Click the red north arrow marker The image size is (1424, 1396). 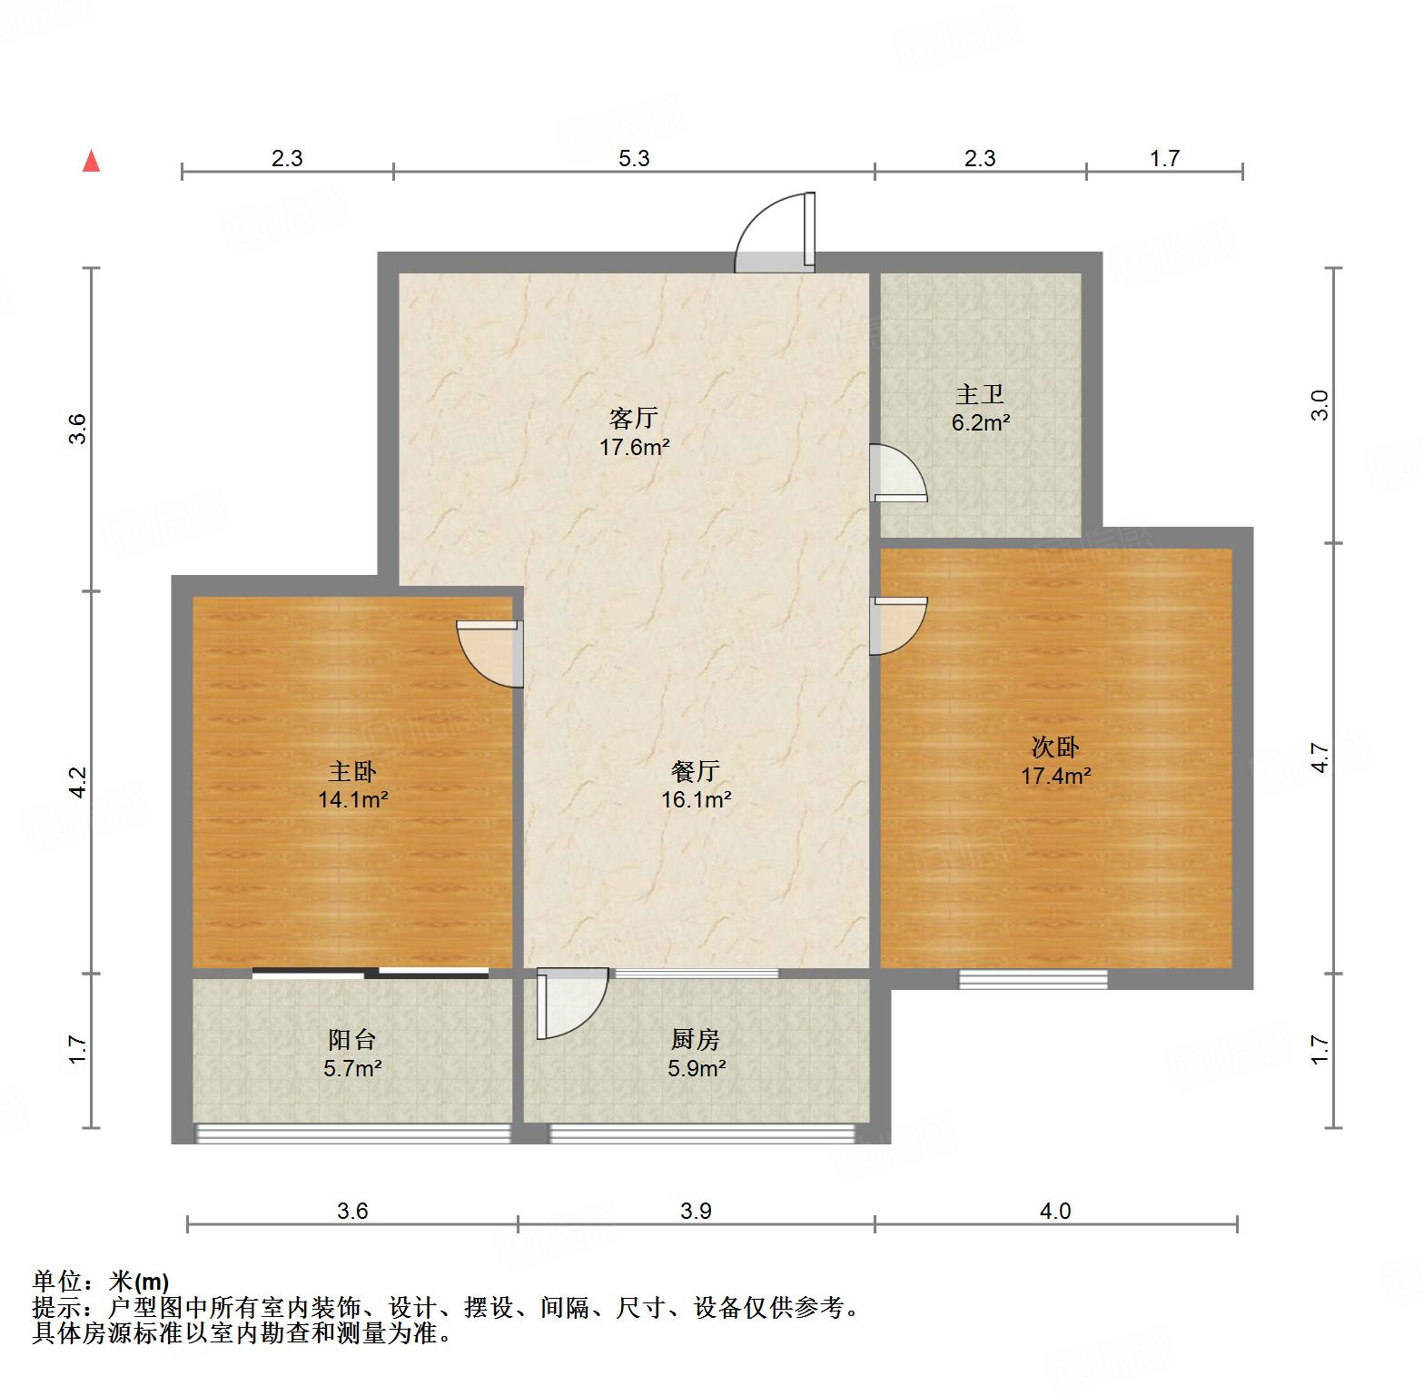click(x=91, y=162)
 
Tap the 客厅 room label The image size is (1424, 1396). click(x=633, y=419)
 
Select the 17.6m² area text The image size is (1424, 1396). click(x=634, y=447)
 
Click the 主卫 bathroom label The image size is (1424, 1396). click(x=980, y=395)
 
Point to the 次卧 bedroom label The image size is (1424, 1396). click(x=1055, y=748)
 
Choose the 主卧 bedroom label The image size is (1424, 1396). click(x=352, y=772)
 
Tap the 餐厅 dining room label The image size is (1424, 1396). click(x=696, y=772)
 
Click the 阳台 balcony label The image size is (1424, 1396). click(x=351, y=1040)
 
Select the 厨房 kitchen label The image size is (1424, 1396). click(x=696, y=1040)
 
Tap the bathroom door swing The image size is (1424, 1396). click(x=897, y=473)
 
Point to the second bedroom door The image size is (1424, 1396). click(x=897, y=625)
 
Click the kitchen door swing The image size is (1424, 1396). click(x=570, y=1003)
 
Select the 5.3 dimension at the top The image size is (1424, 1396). click(x=634, y=159)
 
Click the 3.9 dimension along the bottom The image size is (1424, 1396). click(x=696, y=1211)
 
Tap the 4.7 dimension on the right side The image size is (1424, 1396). click(x=1320, y=758)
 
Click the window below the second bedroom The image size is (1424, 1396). click(x=1033, y=979)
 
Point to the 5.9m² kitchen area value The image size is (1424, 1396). click(x=697, y=1069)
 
